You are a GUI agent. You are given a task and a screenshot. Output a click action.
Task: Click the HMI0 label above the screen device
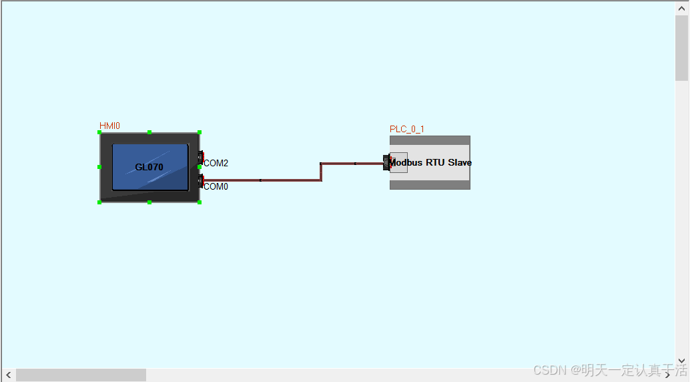[109, 126]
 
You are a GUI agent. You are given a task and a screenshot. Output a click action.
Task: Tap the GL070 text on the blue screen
[149, 167]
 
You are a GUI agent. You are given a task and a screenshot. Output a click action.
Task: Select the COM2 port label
[216, 163]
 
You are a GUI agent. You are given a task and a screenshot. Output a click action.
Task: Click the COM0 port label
[216, 186]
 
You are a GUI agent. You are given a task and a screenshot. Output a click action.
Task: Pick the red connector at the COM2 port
[201, 157]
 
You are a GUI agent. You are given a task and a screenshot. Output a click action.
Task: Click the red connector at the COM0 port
[201, 181]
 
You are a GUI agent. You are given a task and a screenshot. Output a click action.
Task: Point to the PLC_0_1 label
[407, 129]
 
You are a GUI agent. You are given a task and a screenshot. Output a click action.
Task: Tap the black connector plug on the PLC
[386, 162]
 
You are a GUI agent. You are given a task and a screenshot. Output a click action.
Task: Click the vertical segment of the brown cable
[321, 172]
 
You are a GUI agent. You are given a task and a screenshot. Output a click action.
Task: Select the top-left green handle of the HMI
[99, 133]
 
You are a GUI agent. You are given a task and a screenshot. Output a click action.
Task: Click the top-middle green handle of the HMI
[149, 132]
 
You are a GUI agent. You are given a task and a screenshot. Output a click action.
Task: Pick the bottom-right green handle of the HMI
[200, 202]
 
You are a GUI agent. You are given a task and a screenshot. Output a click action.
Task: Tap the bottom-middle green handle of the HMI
[149, 202]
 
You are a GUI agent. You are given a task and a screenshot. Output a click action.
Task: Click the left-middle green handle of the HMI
[99, 167]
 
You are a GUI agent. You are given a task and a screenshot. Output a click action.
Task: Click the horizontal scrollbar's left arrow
[8, 375]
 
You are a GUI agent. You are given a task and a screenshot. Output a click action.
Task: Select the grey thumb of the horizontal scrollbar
[80, 375]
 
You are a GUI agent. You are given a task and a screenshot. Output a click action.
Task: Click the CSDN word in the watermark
[549, 369]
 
